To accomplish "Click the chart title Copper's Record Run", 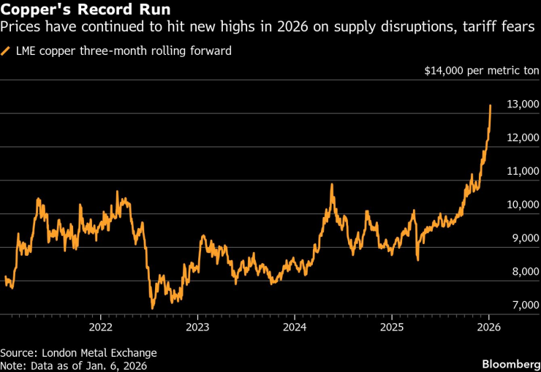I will tap(86, 11).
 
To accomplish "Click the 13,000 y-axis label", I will tap(523, 105).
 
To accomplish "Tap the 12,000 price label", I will tap(523, 138).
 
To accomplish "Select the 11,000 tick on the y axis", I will tap(523, 172).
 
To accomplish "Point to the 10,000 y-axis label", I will tap(523, 205).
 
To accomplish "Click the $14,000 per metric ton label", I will tap(482, 72).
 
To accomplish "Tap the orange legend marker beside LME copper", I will tap(7, 51).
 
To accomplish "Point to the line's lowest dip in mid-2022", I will tap(152, 308).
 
